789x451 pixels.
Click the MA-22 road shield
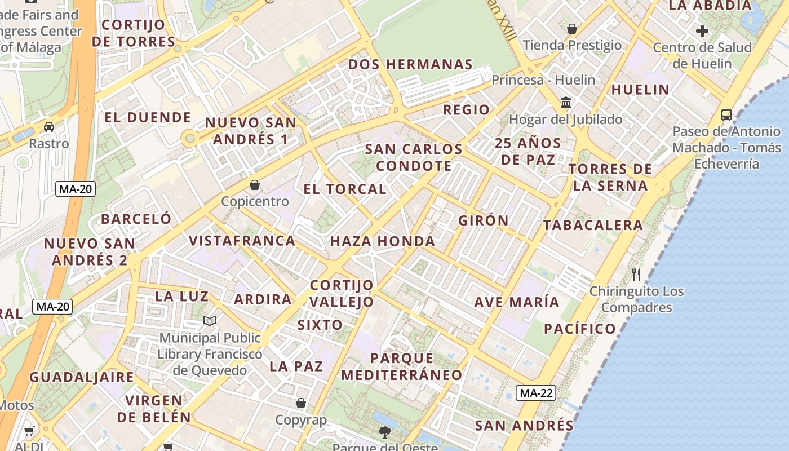(535, 393)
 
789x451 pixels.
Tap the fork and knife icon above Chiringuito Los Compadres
(636, 275)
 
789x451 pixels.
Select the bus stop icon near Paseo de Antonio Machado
(726, 115)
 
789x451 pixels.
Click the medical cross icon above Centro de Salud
(702, 30)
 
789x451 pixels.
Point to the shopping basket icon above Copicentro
(255, 185)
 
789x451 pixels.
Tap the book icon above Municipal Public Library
(210, 321)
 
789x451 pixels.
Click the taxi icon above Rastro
(49, 127)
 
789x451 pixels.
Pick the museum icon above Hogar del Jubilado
(566, 103)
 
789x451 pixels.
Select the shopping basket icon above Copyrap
(301, 404)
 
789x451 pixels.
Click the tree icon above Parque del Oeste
(385, 432)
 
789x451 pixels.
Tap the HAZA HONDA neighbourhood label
(382, 242)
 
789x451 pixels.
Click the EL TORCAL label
(345, 189)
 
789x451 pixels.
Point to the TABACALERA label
(593, 225)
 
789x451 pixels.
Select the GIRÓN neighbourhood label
(484, 220)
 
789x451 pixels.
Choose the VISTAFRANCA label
(242, 241)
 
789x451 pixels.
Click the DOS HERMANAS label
(410, 64)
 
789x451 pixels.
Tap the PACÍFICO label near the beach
(580, 329)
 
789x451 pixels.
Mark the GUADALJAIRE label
(82, 377)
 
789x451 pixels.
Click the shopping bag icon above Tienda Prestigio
(572, 29)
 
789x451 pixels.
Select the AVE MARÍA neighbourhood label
(517, 302)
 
